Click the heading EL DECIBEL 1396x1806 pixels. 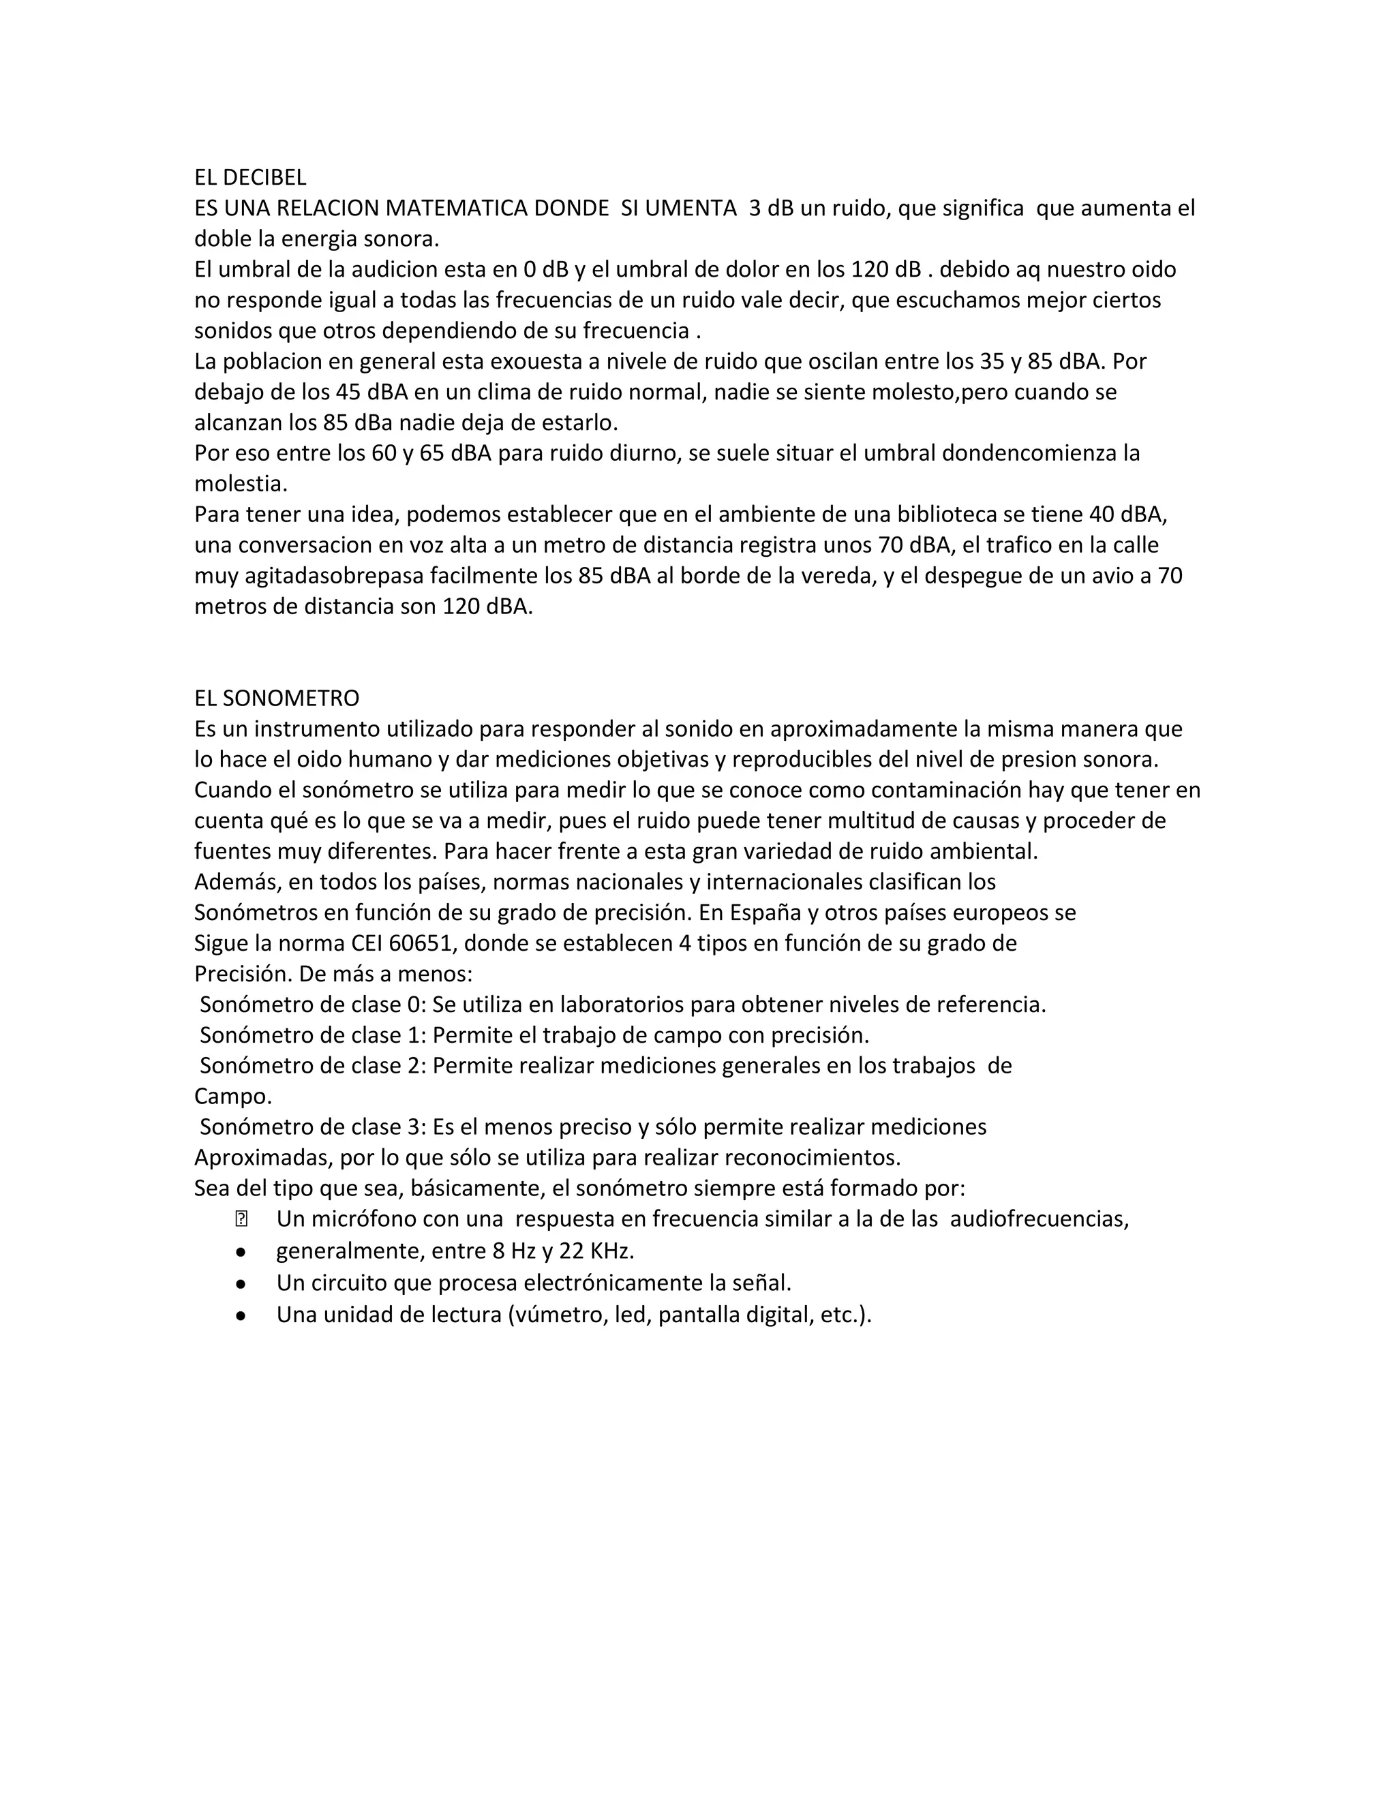click(x=249, y=177)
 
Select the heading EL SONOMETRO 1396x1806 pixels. click(x=276, y=698)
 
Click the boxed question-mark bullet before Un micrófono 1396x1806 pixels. click(x=241, y=1219)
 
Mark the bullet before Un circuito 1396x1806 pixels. click(x=241, y=1283)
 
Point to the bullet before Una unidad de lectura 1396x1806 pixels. click(x=241, y=1315)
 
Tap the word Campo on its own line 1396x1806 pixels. click(x=232, y=1097)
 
